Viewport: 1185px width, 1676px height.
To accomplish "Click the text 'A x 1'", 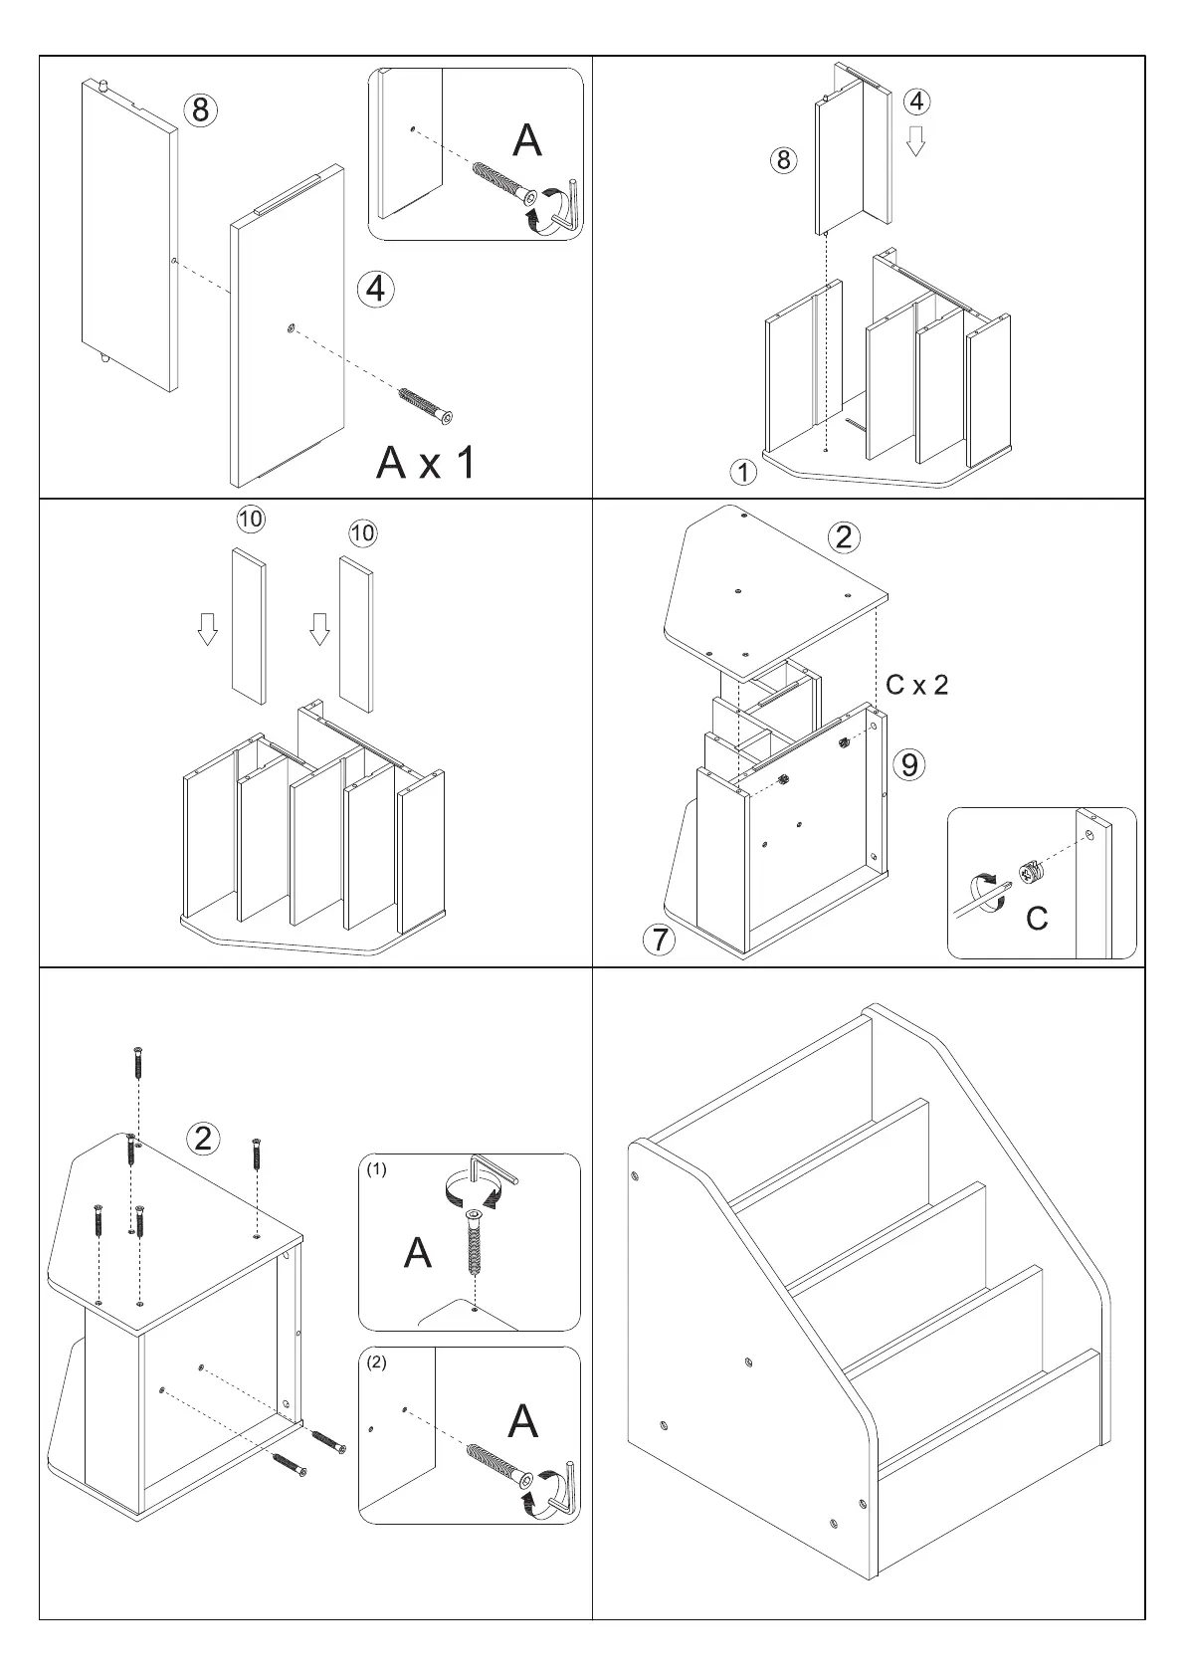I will pyautogui.click(x=426, y=462).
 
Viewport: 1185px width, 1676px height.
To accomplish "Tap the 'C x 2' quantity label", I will pyautogui.click(x=916, y=685).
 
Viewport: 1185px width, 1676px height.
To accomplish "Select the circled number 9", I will pyautogui.click(x=908, y=764).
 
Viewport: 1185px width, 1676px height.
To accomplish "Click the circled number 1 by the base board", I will pyautogui.click(x=743, y=472).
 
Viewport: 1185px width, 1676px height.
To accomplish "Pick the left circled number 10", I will pyautogui.click(x=250, y=519).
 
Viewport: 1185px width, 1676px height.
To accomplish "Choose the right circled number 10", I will pyautogui.click(x=363, y=533).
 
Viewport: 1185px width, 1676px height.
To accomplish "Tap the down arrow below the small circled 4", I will pyautogui.click(x=916, y=140).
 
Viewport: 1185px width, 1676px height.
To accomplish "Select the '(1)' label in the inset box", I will pyautogui.click(x=376, y=1170).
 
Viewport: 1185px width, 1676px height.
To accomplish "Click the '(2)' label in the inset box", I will pyautogui.click(x=376, y=1363).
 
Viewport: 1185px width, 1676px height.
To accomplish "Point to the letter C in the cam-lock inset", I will pyautogui.click(x=1036, y=918).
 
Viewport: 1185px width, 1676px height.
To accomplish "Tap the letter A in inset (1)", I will pyautogui.click(x=418, y=1253).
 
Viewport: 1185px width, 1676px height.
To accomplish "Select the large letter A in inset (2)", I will pyautogui.click(x=523, y=1422).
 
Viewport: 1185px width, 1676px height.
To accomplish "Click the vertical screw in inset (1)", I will pyautogui.click(x=475, y=1243).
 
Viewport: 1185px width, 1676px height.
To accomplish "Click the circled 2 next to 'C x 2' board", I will pyautogui.click(x=844, y=537).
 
